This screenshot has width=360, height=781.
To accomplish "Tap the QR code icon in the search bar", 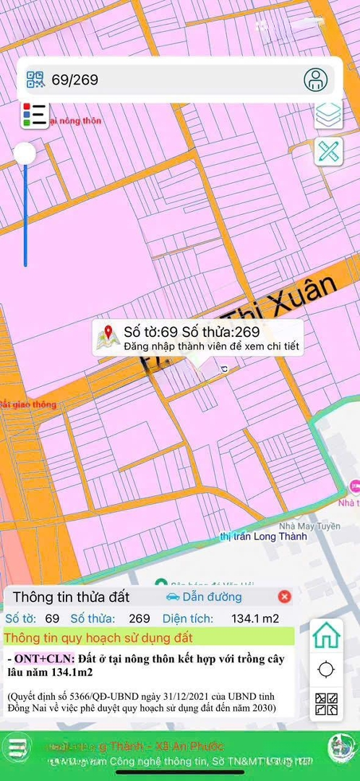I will (35, 80).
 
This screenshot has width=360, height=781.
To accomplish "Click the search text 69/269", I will (74, 80).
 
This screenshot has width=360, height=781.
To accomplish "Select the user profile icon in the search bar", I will (315, 80).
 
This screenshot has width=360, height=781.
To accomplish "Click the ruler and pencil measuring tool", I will (328, 152).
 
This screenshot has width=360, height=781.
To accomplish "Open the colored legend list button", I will (34, 115).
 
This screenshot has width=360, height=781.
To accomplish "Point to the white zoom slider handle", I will (25, 153).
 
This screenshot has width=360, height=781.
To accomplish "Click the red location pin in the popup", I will (108, 333).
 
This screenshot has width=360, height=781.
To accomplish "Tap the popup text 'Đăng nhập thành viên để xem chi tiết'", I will (211, 347).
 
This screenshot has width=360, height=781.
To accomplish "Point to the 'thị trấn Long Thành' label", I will (263, 537).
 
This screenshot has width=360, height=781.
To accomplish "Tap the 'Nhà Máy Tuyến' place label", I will (310, 526).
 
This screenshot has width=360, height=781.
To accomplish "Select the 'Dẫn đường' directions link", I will (204, 597).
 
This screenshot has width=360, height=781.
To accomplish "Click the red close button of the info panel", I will (285, 597).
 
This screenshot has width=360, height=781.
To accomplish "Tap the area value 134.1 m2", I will (255, 618).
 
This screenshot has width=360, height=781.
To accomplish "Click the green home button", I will (326, 636).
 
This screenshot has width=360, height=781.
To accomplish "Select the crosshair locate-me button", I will (326, 670).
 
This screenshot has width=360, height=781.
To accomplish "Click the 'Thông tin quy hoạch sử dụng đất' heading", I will (97, 637).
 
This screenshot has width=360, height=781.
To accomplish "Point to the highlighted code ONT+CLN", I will (45, 660).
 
